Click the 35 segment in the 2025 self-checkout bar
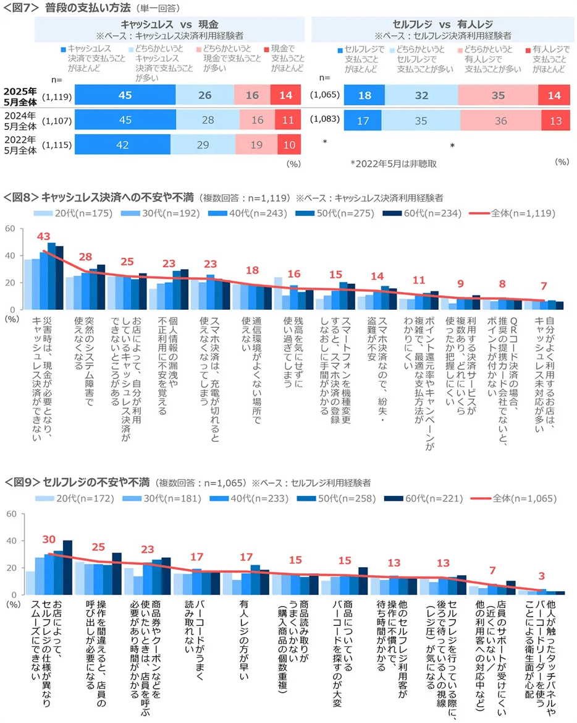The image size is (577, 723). [498, 95]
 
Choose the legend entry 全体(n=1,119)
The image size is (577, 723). [519, 213]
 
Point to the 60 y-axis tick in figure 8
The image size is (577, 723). [11, 229]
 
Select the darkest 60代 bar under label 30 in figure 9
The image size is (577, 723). [67, 567]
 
